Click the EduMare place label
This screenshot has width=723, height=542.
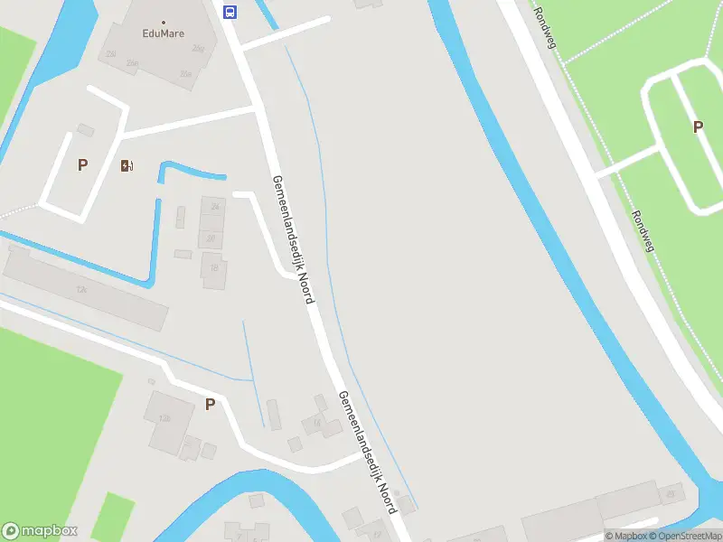click(x=164, y=34)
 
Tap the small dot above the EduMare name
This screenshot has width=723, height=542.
click(x=164, y=22)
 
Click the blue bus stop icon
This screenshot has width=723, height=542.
click(x=230, y=12)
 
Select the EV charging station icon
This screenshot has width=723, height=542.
click(x=127, y=165)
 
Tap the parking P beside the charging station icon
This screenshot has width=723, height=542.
click(x=83, y=165)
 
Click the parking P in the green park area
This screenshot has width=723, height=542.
click(x=698, y=127)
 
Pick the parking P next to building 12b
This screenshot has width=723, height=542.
click(x=210, y=405)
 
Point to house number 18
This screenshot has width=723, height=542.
click(x=214, y=268)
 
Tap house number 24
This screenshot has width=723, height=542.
click(x=215, y=207)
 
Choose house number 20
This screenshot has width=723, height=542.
click(x=211, y=238)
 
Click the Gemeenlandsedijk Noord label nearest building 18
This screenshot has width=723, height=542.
click(x=293, y=238)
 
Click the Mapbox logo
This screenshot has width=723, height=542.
click(x=40, y=531)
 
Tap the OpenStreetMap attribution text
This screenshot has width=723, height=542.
click(x=685, y=536)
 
